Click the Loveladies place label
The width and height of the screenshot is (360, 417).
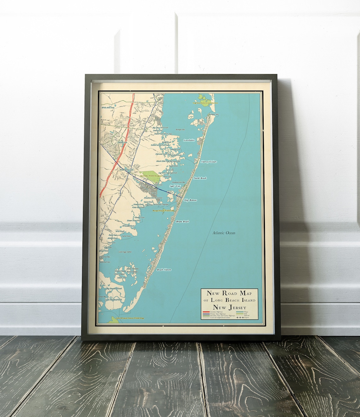pos(189,140)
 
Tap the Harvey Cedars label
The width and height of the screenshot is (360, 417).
pos(209,162)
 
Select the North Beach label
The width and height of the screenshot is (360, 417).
pos(200,178)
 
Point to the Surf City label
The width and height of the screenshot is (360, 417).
pos(175,187)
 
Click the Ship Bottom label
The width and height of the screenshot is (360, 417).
pos(190,200)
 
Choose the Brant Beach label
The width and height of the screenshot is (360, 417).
pos(183,222)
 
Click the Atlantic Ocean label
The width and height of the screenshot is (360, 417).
pos(224,233)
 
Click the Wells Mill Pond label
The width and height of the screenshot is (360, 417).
pos(108,107)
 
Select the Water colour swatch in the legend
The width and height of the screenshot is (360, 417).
pos(239,312)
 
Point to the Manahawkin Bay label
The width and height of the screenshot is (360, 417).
pos(179,182)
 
